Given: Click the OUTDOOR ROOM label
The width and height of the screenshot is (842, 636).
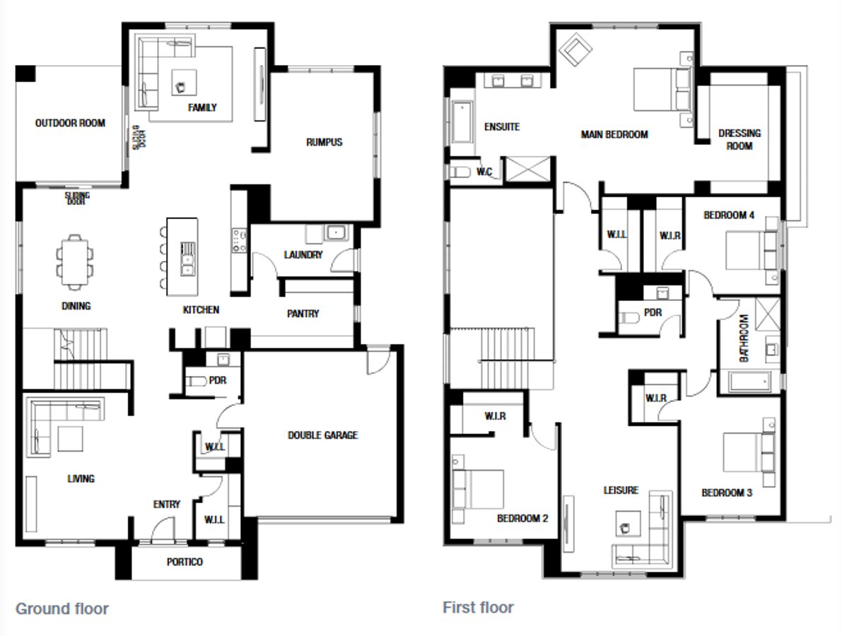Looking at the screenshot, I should (70, 123).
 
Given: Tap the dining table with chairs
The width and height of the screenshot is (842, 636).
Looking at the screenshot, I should (75, 261).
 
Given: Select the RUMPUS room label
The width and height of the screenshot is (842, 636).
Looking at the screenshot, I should (324, 142).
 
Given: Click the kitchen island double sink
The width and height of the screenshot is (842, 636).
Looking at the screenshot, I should (188, 258).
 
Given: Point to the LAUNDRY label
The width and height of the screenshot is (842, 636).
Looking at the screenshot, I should (303, 254).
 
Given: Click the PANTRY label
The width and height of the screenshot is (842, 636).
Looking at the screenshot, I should (303, 313).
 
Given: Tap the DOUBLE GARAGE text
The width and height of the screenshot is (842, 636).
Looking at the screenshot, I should (322, 435).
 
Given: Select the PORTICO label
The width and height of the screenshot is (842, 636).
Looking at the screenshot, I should (185, 562).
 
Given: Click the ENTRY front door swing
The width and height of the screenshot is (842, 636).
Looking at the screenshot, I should (164, 529).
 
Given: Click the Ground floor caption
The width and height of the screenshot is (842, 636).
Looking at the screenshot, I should (62, 608).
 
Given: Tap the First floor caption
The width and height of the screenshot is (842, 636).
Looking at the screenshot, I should (478, 607).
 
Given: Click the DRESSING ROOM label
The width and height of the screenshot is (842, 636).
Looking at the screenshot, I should (739, 139).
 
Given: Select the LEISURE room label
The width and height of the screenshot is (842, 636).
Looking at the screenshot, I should (621, 490).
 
